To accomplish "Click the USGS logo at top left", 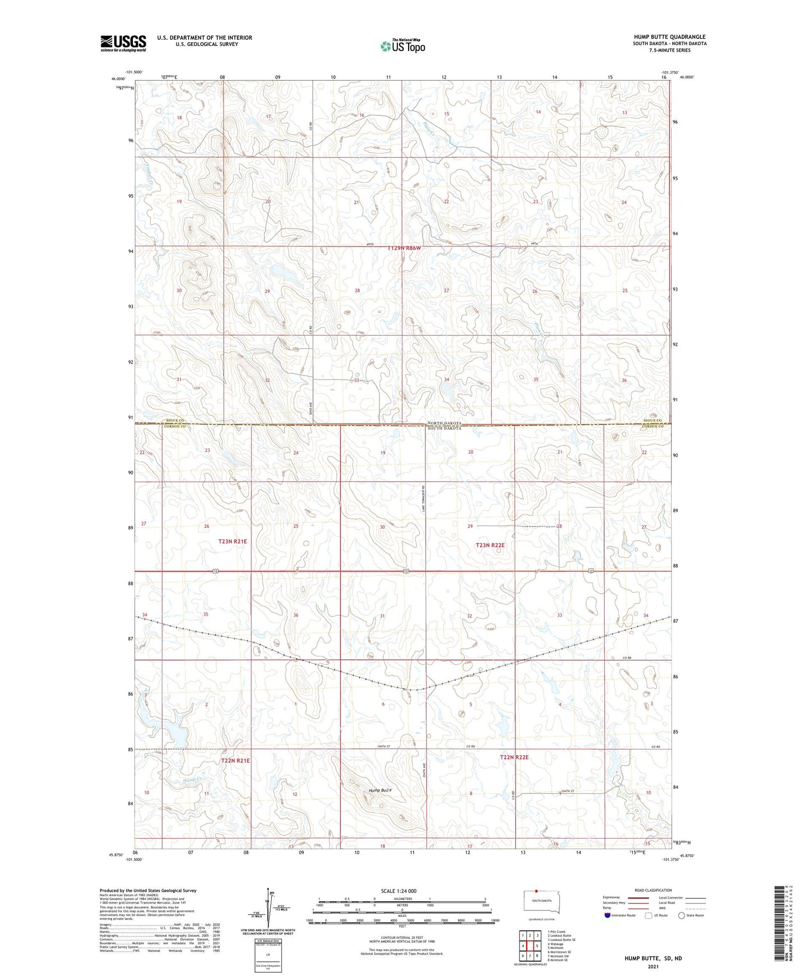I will (x=123, y=43).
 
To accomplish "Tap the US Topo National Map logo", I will (x=402, y=46).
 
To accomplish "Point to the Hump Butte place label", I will (x=380, y=790).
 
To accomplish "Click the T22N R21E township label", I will (x=235, y=761).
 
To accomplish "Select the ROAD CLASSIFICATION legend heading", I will (x=653, y=890).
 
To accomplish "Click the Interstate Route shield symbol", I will (x=607, y=915).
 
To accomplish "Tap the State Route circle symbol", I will (x=682, y=915).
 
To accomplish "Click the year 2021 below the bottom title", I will (x=653, y=967).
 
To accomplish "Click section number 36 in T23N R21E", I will (x=296, y=615).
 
